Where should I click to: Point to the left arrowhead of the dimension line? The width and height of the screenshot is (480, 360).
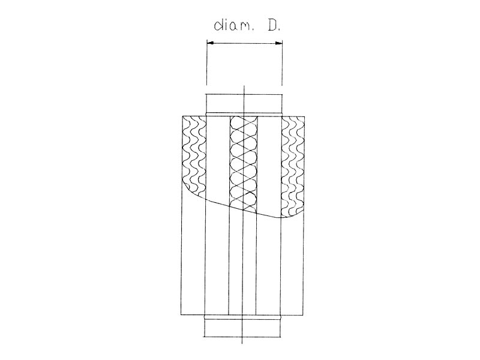tap(210, 43)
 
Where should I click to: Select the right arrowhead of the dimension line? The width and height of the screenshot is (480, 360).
tap(278, 43)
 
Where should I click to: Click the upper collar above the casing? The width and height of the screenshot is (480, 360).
tap(244, 104)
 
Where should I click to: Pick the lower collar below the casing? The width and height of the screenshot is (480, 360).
tap(242, 326)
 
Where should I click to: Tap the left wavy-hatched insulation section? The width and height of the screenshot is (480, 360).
tap(194, 156)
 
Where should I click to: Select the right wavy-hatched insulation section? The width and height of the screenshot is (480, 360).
tap(293, 167)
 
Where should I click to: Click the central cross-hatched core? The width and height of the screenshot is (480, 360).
tap(244, 162)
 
